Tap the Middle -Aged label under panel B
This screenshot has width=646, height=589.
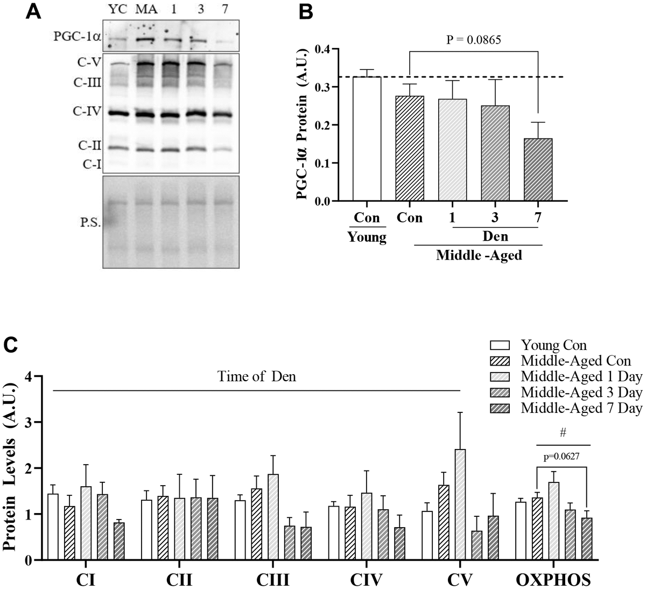(479, 255)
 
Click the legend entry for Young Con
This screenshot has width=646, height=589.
(554, 345)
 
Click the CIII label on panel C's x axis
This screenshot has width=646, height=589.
(273, 580)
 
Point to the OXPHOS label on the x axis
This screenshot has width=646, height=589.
(553, 580)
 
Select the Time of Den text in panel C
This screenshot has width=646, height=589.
(257, 377)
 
